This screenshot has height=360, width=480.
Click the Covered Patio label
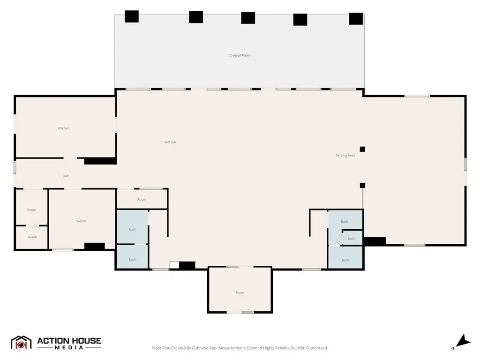pyautogui.click(x=239, y=55)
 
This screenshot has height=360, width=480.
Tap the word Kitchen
pyautogui.click(x=64, y=128)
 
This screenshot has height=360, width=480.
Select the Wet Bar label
pyautogui.click(x=170, y=142)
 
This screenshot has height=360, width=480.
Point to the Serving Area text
pyautogui.click(x=345, y=156)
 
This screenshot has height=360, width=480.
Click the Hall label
pyautogui.click(x=66, y=176)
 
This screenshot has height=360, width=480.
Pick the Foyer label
pyautogui.click(x=240, y=292)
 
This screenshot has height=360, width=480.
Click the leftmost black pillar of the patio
pyautogui.click(x=132, y=16)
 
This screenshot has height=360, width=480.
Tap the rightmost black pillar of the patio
pyautogui.click(x=356, y=19)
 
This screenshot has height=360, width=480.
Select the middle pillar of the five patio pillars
pyautogui.click(x=248, y=18)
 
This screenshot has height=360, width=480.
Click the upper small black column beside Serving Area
pyautogui.click(x=362, y=150)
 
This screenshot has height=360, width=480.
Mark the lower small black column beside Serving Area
pyautogui.click(x=362, y=185)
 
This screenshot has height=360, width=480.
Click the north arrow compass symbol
pyautogui.click(x=462, y=342)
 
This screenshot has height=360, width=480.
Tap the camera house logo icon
pyautogui.click(x=21, y=343)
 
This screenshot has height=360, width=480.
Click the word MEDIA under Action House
pyautogui.click(x=69, y=347)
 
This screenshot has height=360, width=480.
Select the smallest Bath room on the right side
pyautogui.click(x=352, y=238)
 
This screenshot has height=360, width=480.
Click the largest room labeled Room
pyautogui.click(x=82, y=219)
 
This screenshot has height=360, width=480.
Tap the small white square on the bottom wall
pyautogui.click(x=174, y=265)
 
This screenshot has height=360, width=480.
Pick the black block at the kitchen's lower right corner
pyautogui.click(x=100, y=161)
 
